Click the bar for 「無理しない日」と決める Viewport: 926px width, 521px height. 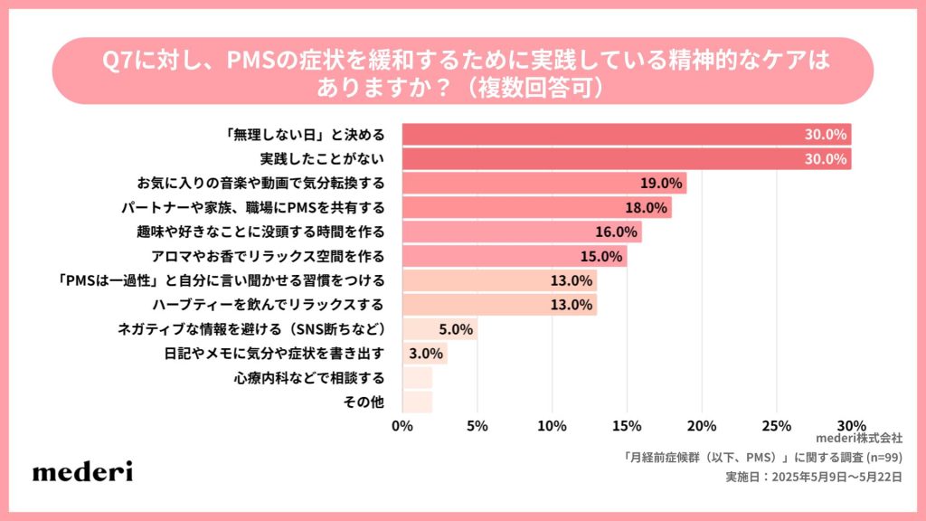[x=626, y=135]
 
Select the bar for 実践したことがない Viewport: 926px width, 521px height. [x=626, y=159]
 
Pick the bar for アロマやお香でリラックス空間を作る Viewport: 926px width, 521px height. [x=514, y=257]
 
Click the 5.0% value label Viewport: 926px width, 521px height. [x=455, y=329]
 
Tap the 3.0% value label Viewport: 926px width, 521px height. [x=425, y=353]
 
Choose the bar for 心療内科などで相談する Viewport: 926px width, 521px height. [x=417, y=377]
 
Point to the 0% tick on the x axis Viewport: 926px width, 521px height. [x=402, y=425]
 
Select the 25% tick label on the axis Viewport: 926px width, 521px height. [x=777, y=425]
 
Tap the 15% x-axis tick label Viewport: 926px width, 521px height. [x=627, y=425]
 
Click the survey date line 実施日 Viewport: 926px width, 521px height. [x=813, y=477]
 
